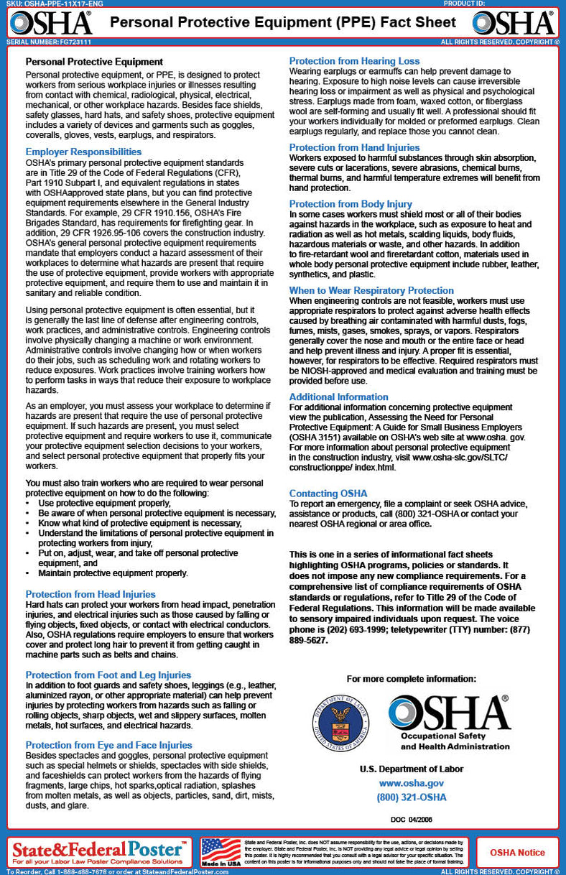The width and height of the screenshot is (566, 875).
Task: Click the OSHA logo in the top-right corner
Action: [x=514, y=22]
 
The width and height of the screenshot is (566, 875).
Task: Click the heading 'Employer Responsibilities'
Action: [x=83, y=152]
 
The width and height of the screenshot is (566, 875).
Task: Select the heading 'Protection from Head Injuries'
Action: [x=91, y=594]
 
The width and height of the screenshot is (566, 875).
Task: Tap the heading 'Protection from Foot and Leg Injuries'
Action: [x=108, y=675]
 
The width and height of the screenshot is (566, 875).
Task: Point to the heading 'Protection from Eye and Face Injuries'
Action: [x=109, y=745]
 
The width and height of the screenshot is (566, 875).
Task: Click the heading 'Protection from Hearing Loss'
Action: [x=354, y=61]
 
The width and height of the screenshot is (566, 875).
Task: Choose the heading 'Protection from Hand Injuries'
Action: [x=354, y=147]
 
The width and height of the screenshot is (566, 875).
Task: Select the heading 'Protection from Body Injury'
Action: [x=351, y=204]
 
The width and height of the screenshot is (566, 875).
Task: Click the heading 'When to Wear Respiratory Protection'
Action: [x=371, y=290]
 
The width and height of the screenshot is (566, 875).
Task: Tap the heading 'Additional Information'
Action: [x=339, y=397]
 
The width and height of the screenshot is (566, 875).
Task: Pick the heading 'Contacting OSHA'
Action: [x=328, y=494]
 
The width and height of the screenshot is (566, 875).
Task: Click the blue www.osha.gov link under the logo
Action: [x=411, y=783]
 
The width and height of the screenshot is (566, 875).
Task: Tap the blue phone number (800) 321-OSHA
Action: [x=411, y=797]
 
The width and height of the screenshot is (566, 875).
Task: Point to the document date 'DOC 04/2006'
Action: [x=412, y=818]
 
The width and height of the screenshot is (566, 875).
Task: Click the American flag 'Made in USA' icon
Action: [x=221, y=852]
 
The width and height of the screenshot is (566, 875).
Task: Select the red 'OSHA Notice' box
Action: [x=517, y=853]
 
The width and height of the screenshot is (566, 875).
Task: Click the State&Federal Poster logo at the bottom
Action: [x=99, y=852]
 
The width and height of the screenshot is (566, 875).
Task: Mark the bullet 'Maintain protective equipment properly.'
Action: [x=113, y=573]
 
